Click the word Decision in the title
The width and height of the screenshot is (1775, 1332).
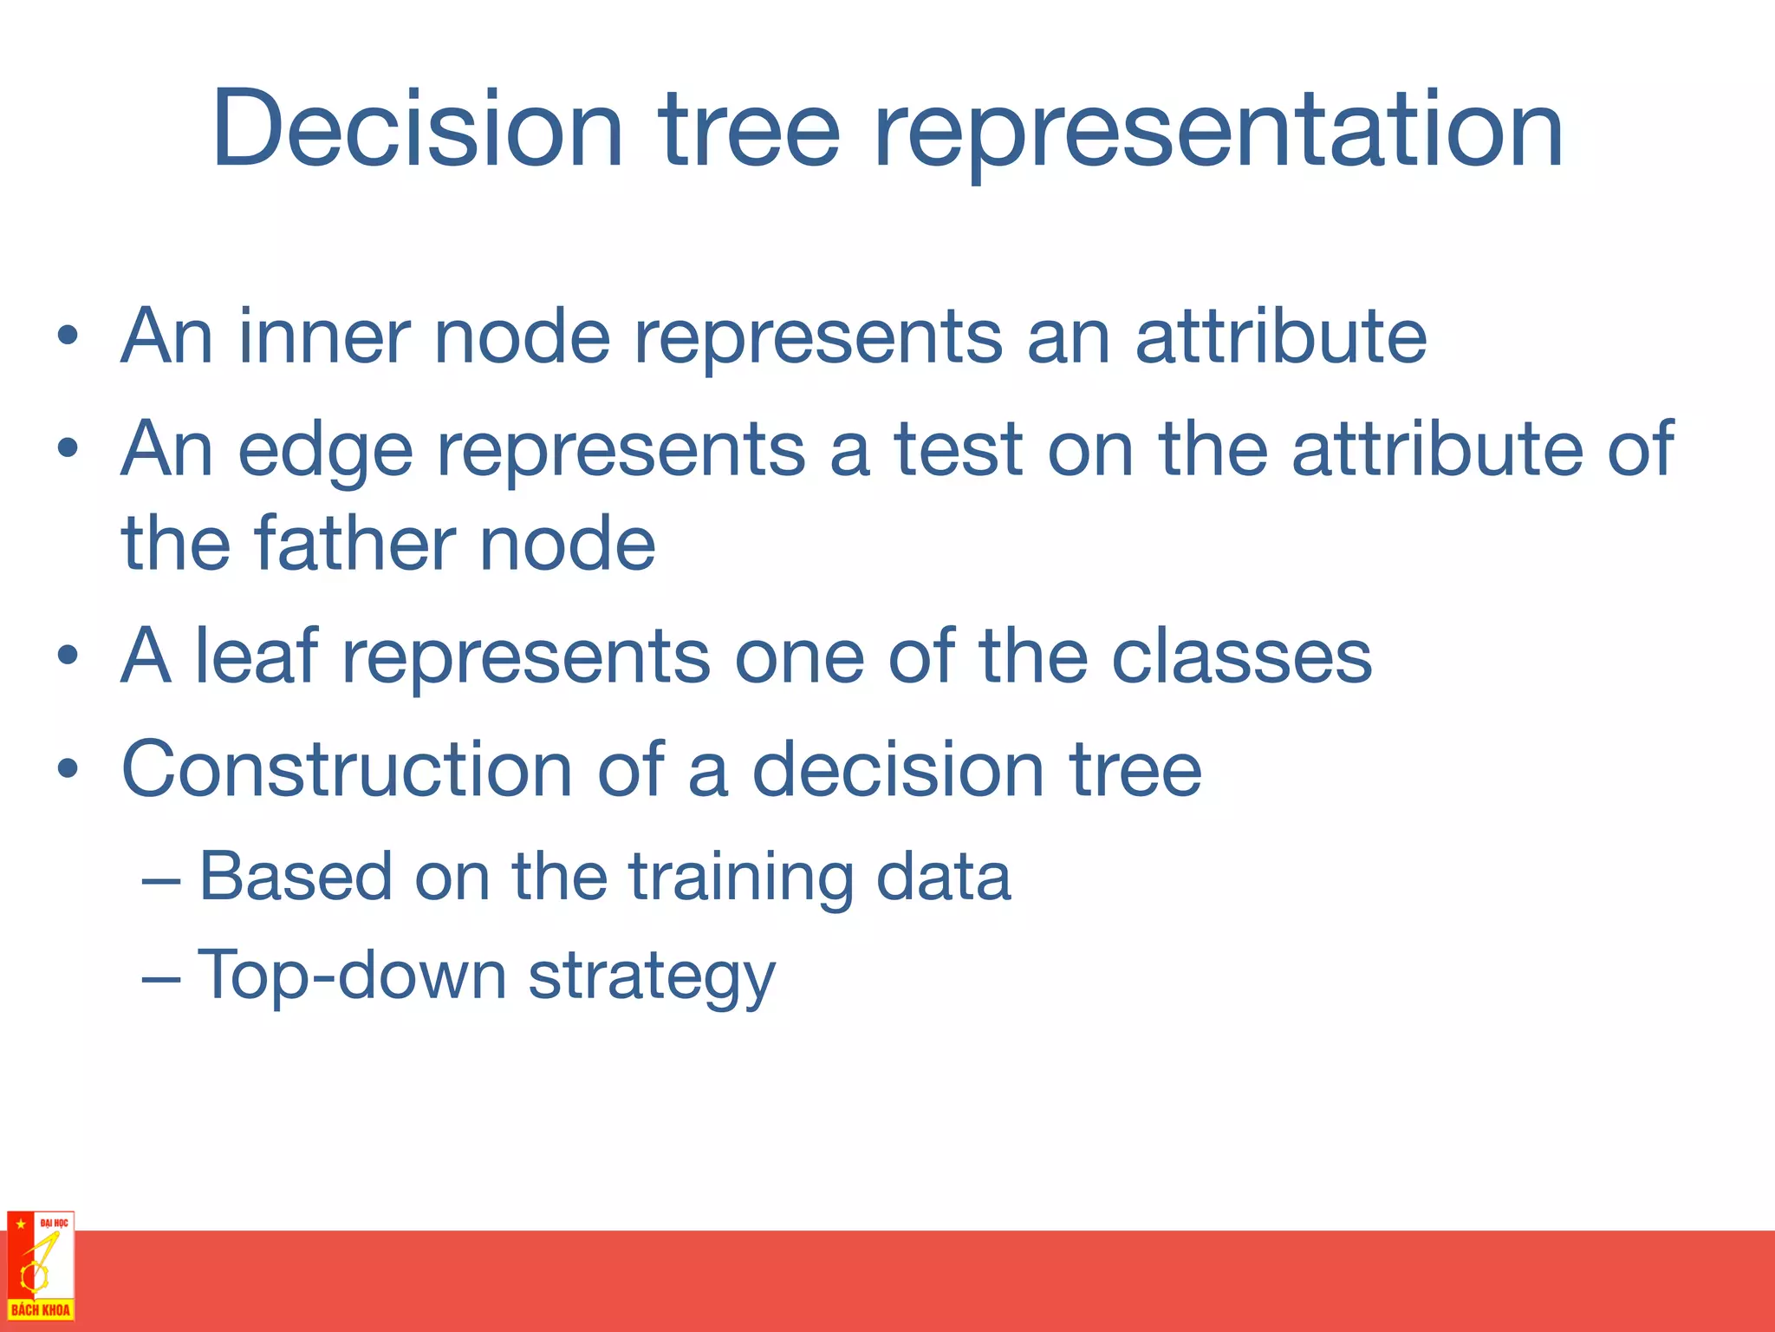[417, 130]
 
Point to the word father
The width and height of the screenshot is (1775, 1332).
[354, 544]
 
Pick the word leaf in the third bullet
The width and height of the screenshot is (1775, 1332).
[256, 656]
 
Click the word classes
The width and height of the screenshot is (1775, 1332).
[1240, 656]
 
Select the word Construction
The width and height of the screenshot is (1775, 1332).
[346, 769]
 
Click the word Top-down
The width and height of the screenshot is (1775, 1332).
[351, 975]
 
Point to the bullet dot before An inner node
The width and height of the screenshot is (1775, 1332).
[68, 336]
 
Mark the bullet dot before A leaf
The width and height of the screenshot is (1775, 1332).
[68, 656]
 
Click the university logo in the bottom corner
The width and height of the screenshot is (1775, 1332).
[40, 1266]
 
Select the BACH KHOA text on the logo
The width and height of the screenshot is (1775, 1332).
[40, 1310]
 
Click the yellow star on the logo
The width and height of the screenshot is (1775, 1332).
[20, 1224]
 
